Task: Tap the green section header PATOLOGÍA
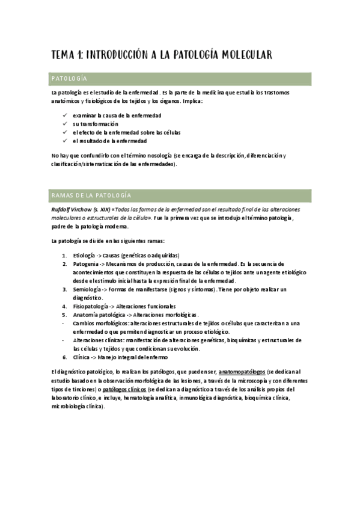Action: click(70, 79)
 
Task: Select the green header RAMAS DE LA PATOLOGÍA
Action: click(88, 195)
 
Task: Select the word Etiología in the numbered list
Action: click(85, 255)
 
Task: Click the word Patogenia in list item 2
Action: click(86, 263)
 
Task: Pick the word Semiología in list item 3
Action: click(87, 289)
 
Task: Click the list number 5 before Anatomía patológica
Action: click(64, 315)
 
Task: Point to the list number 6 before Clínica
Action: click(64, 357)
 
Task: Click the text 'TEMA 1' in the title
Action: click(67, 55)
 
